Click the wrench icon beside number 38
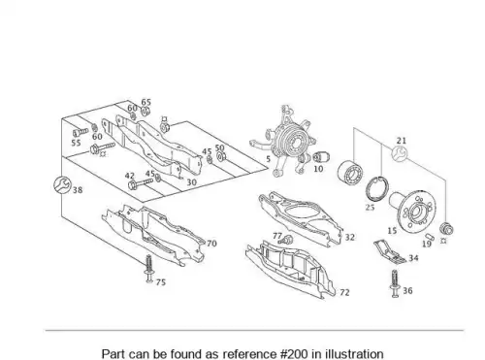coord(62,185)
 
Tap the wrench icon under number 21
coord(400,154)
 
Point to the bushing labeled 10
coord(321,157)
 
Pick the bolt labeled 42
coord(141,183)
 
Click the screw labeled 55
coord(81,132)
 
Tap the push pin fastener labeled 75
coord(148,269)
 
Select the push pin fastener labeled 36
coord(395,283)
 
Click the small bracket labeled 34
coord(389,251)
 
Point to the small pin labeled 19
coord(429,236)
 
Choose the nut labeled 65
coord(145,112)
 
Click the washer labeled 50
coord(221,157)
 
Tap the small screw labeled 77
coord(286,240)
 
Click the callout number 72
coord(344,292)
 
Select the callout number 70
coord(211,244)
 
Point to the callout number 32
coord(349,237)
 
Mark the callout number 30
coord(191,182)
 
